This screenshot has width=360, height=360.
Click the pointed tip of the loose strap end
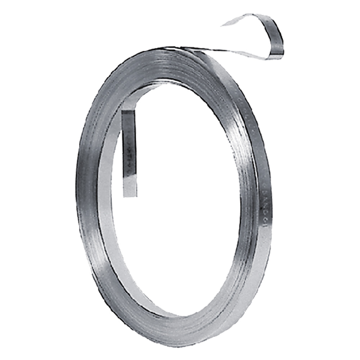222,25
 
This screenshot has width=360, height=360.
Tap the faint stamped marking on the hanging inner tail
129,151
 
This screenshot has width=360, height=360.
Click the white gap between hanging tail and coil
115,151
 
